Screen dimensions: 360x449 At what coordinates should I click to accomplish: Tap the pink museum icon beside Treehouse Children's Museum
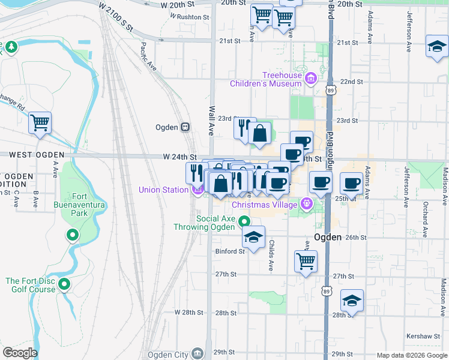[x=310, y=78]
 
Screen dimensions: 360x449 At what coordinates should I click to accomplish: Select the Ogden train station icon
[x=186, y=127]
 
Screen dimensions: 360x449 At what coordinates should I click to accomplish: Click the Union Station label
[x=163, y=190]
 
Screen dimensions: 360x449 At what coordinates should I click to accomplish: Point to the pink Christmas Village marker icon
[x=307, y=203]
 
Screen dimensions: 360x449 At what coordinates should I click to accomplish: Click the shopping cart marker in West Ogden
[x=40, y=123]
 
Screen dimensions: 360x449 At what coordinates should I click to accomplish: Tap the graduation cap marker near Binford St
[x=254, y=237]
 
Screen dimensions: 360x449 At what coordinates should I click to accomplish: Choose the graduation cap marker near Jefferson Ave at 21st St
[x=437, y=46]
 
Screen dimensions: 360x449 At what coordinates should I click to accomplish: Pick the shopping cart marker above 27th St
[x=306, y=262]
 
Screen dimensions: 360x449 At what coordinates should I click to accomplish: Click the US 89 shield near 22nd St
[x=331, y=89]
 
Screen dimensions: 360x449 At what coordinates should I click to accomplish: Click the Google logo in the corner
[x=20, y=353]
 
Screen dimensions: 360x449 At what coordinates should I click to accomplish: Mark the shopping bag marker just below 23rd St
[x=260, y=134]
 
